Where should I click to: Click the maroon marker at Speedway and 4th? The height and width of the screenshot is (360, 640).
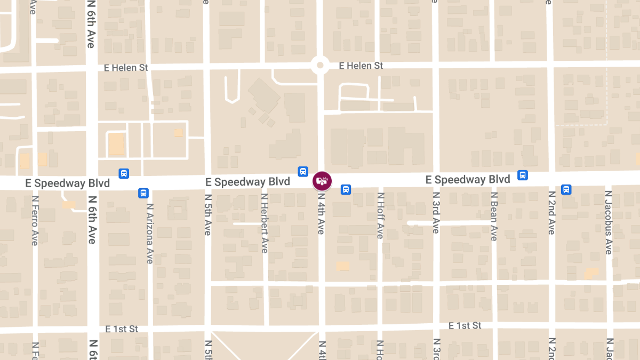click(322, 181)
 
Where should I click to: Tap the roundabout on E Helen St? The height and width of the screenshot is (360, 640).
click(320, 66)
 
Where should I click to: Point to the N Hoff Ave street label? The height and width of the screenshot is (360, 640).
click(380, 215)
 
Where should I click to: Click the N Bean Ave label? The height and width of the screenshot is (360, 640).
click(494, 216)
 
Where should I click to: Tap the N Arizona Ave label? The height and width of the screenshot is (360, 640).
click(150, 234)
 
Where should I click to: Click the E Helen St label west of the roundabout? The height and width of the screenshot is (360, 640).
click(126, 68)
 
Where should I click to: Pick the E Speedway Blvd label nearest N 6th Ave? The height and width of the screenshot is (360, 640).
click(68, 183)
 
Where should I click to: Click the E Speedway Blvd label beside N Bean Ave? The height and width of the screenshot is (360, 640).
click(468, 180)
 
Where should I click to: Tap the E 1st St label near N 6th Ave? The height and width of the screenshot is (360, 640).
click(122, 329)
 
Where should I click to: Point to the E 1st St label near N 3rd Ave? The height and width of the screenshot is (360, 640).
click(465, 325)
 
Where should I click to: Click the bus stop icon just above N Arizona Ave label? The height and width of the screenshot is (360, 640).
click(143, 193)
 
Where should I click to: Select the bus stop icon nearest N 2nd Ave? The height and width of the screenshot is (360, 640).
click(566, 189)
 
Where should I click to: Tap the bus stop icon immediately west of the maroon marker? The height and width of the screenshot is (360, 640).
click(303, 171)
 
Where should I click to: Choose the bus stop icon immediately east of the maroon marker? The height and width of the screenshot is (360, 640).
click(346, 189)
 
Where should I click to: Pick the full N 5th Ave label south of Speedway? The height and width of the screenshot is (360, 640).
click(207, 214)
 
